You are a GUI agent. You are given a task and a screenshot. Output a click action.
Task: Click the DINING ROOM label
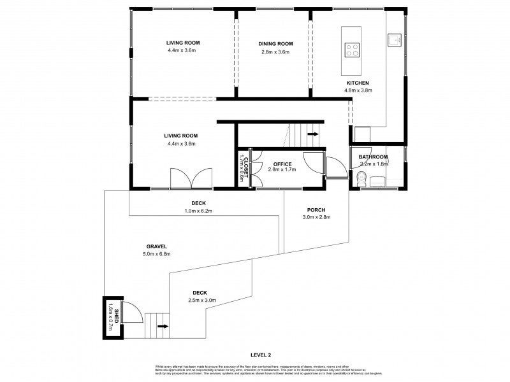pyautogui.click(x=275, y=43)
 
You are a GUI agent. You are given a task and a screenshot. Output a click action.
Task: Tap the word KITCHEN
pyautogui.click(x=357, y=83)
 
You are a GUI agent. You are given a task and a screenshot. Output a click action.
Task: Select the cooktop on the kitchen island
pyautogui.click(x=352, y=49)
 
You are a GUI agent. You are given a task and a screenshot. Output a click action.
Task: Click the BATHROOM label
pyautogui.click(x=373, y=157)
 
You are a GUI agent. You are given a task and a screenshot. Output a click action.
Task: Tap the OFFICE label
pyautogui.click(x=282, y=164)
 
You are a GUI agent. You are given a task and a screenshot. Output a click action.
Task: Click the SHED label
pyautogui.click(x=108, y=315)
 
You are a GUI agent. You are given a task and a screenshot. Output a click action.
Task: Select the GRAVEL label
pyautogui.click(x=156, y=246)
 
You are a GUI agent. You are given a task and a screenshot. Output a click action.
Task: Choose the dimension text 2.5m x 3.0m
pyautogui.click(x=203, y=300)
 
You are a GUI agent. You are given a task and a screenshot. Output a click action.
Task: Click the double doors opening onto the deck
pyautogui.click(x=191, y=178)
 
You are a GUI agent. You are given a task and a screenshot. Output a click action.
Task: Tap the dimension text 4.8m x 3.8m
pyautogui.click(x=358, y=90)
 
